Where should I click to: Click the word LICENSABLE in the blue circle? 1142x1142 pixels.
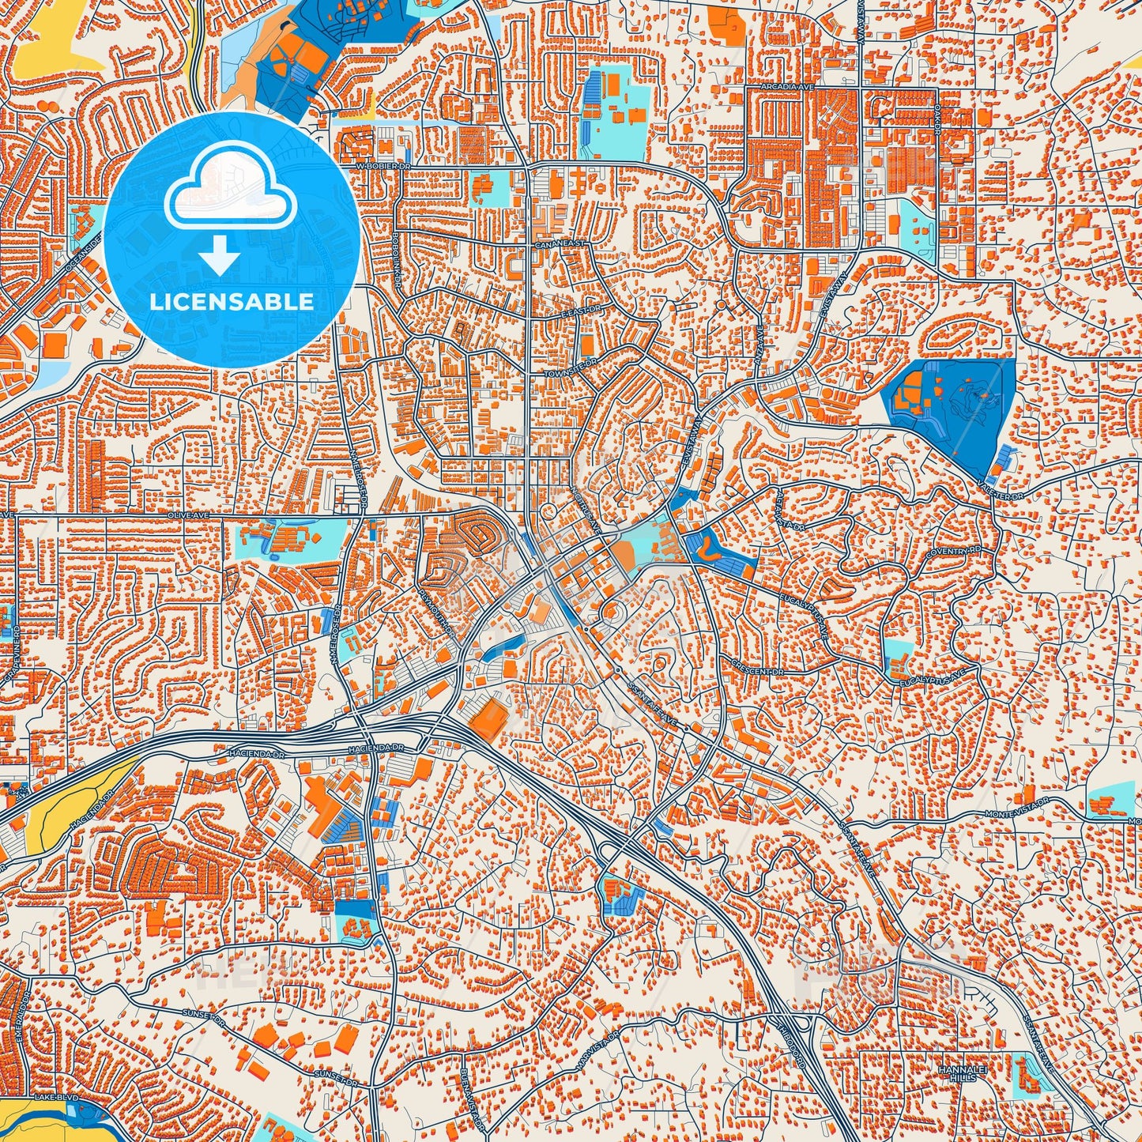(232, 302)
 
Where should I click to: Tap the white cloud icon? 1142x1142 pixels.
(230, 190)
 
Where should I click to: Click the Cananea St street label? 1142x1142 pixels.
(560, 244)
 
